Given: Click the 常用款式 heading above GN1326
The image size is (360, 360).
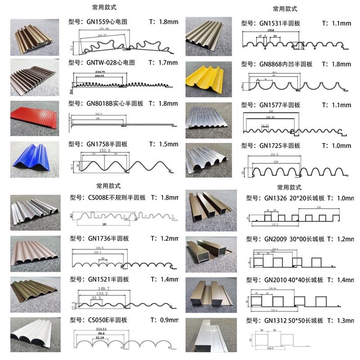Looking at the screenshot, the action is point(288,187).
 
